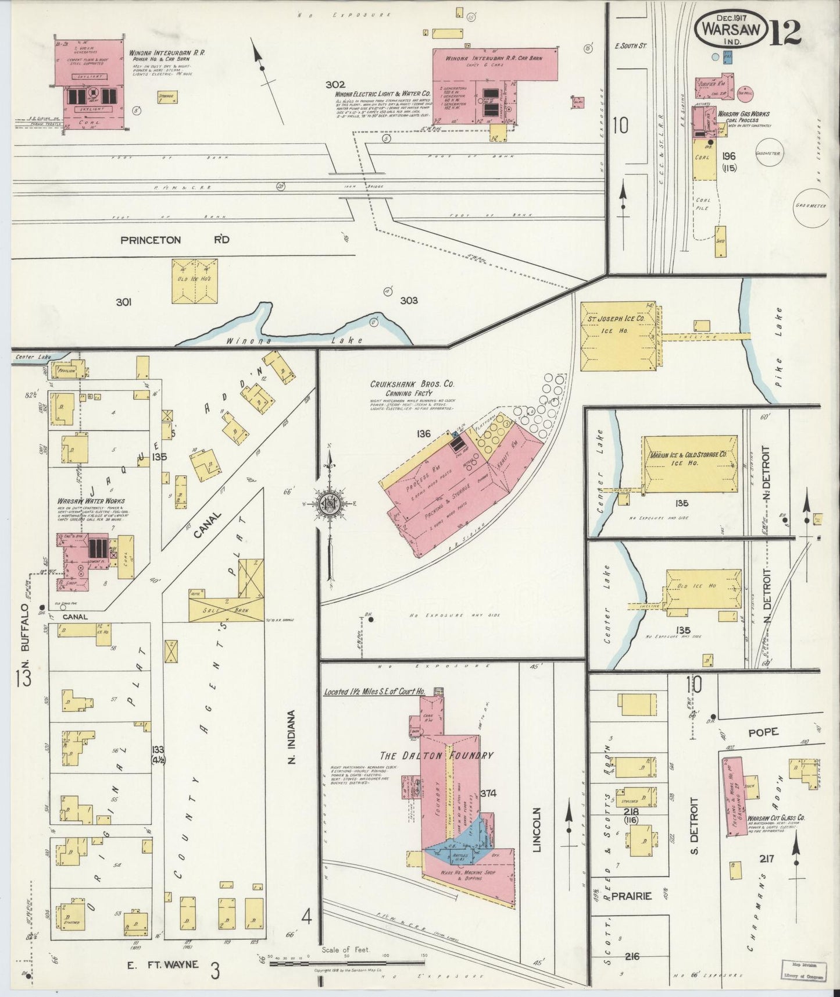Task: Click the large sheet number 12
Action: click(x=787, y=33)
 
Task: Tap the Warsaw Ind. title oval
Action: click(x=731, y=28)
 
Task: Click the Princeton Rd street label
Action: click(x=159, y=240)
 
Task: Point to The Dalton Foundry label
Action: click(x=436, y=756)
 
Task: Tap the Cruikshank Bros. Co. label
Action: click(x=412, y=384)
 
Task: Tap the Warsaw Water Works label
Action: click(x=91, y=501)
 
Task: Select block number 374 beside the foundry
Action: click(x=488, y=793)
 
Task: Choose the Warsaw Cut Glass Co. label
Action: click(x=776, y=817)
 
